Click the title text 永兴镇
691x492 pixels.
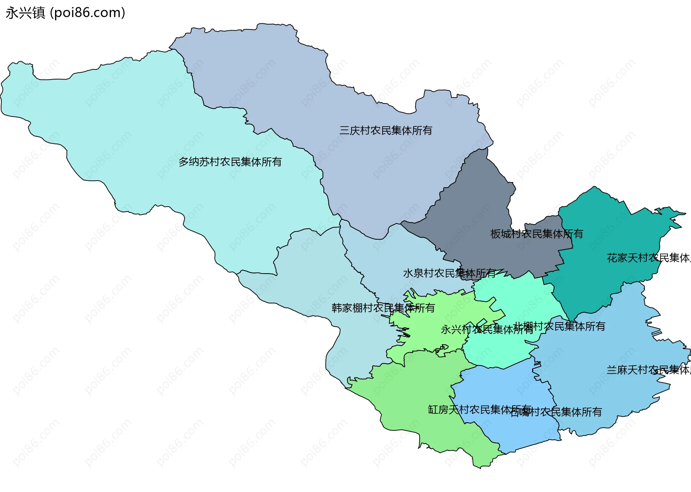[25, 13]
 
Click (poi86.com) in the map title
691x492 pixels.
[87, 13]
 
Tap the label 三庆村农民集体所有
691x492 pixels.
[385, 130]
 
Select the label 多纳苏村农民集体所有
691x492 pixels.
[230, 162]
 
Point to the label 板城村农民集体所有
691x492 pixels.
[536, 234]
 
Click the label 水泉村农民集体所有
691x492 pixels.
[449, 273]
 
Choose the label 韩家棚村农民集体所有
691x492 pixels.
[383, 308]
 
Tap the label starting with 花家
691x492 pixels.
[648, 258]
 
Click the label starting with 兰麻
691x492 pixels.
[648, 370]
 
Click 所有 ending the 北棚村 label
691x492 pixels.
[595, 326]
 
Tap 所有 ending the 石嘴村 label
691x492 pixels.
[592, 412]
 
